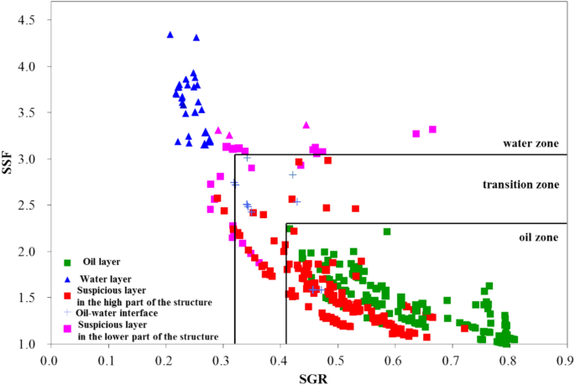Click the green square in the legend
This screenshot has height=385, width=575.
tap(67, 262)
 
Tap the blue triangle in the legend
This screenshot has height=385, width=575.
tap(67, 278)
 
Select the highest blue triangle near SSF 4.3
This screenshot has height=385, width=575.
tap(170, 35)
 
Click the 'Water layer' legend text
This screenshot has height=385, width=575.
tap(106, 278)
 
